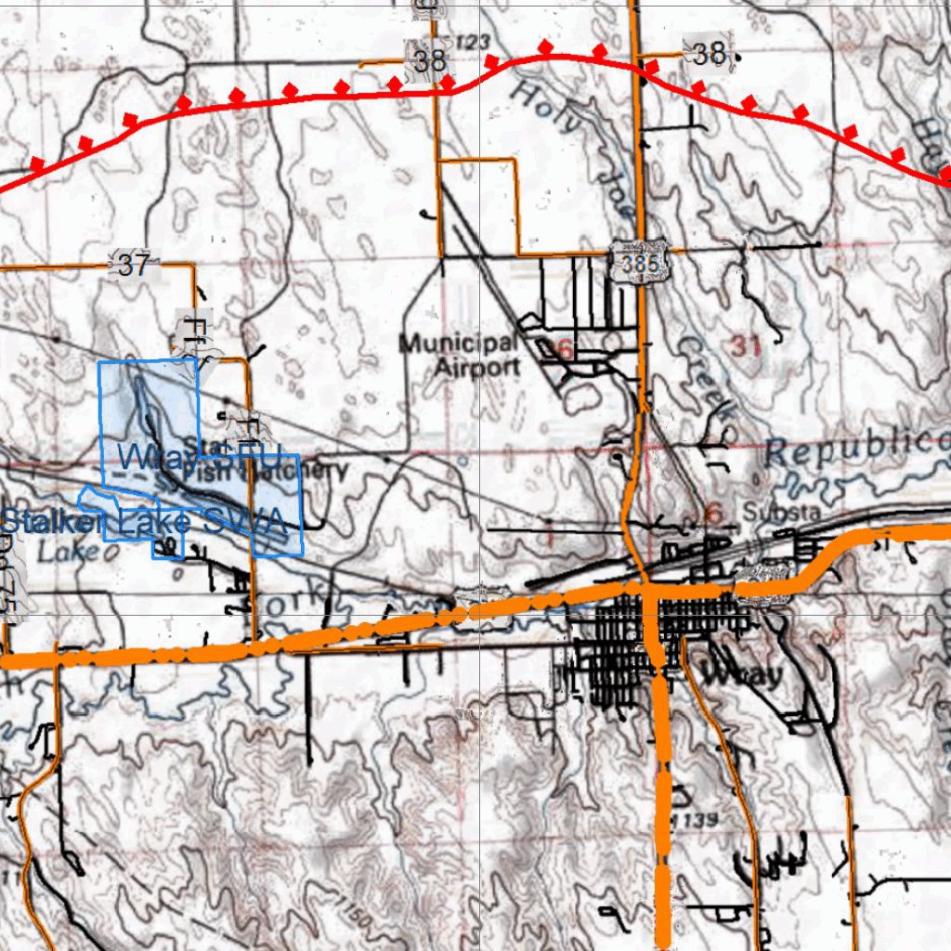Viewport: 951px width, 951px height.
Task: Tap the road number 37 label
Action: pos(134,267)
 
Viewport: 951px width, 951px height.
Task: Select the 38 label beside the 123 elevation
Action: pos(430,61)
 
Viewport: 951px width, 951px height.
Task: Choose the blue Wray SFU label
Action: pos(199,456)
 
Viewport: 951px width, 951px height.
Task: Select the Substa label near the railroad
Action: pos(768,512)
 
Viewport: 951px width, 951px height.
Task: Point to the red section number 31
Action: pos(746,346)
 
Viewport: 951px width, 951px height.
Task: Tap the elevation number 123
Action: pos(473,42)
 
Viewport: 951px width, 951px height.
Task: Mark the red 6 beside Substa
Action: pos(713,513)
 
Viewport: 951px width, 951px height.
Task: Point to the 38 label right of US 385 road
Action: pos(710,54)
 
